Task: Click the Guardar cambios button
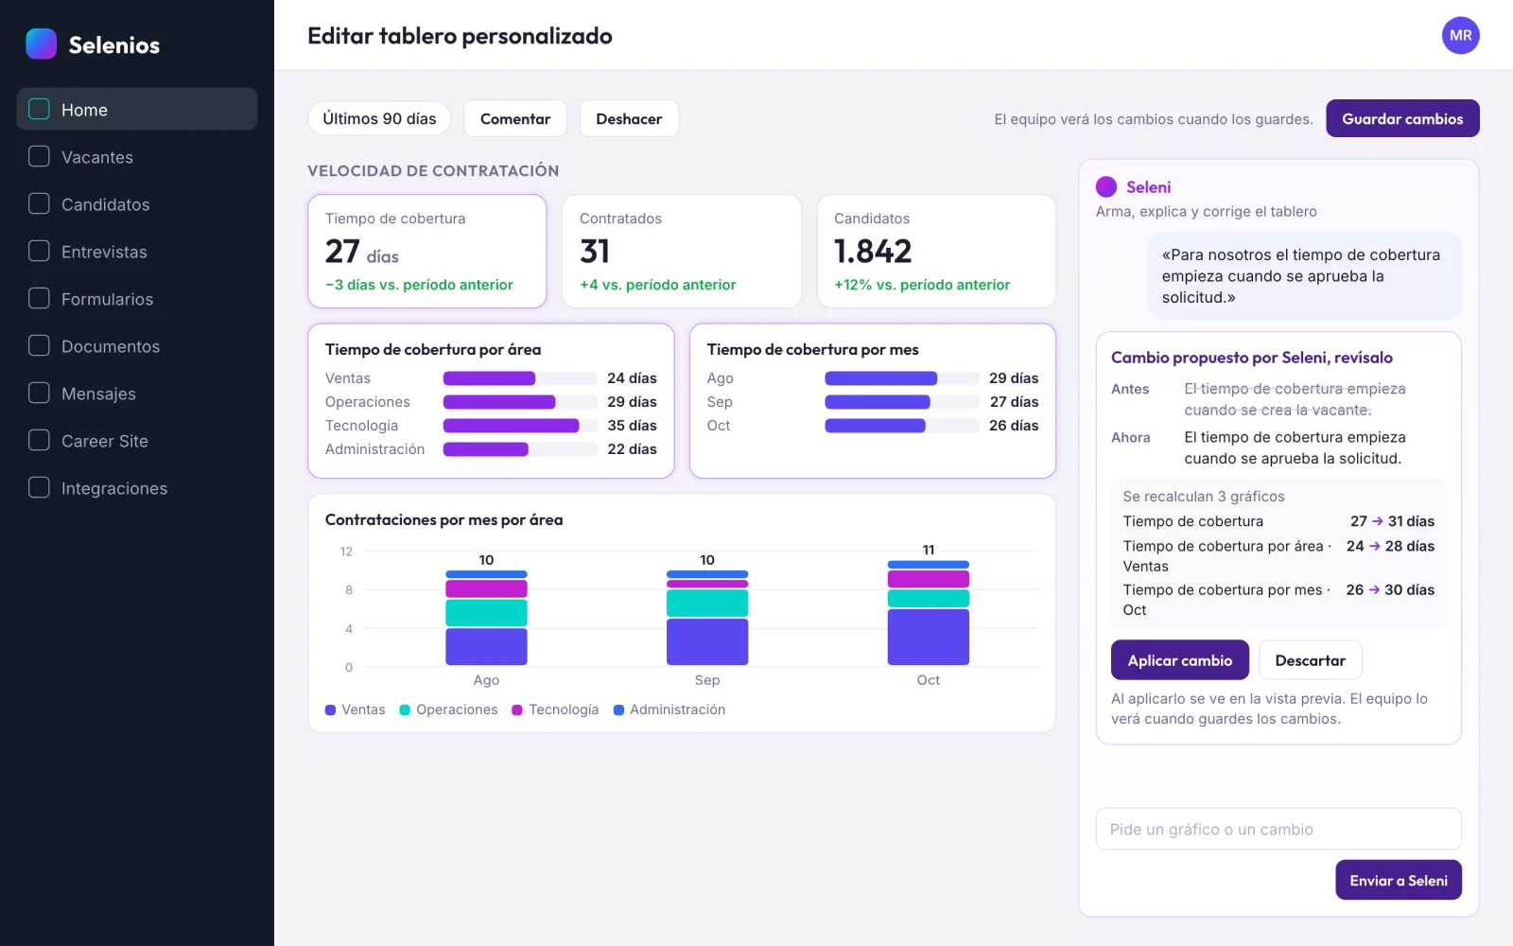[1402, 118]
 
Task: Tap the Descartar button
[1310, 660]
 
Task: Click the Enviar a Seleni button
[1399, 880]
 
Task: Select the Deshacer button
[628, 118]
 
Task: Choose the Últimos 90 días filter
[379, 118]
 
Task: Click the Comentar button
[514, 118]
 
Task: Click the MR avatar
[1460, 35]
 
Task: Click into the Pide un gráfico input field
[1278, 829]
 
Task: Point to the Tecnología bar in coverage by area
[511, 426]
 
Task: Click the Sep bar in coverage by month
[877, 402]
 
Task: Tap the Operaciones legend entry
[448, 709]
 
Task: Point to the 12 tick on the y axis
[346, 552]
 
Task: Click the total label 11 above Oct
[928, 550]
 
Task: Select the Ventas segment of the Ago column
[486, 647]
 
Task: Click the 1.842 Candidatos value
[873, 252]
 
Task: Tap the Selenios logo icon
[42, 44]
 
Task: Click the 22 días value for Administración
[632, 449]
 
